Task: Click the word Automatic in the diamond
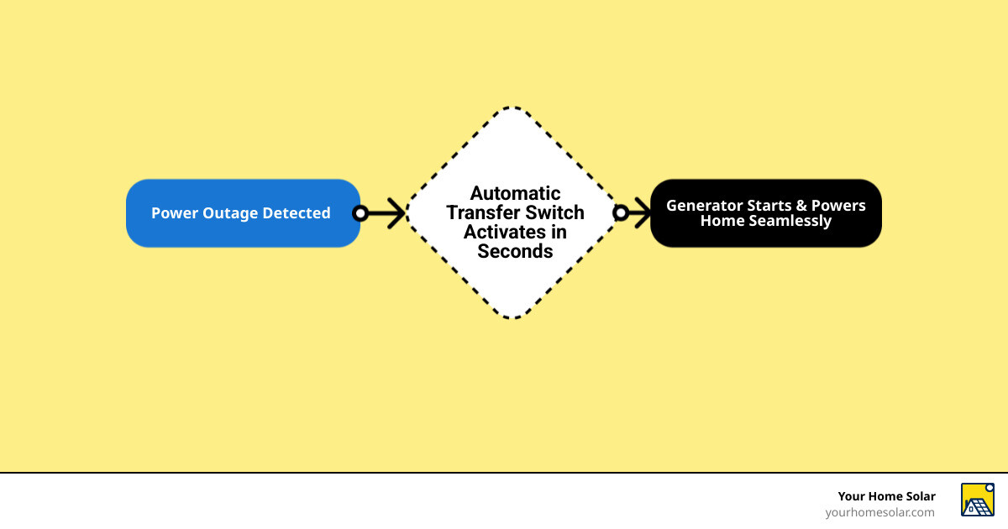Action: pos(515,194)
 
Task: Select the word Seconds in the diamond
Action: pos(515,251)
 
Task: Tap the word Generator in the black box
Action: pos(704,206)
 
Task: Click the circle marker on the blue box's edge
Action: pos(360,213)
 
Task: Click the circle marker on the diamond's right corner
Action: pos(621,213)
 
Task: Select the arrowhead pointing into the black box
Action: pos(643,213)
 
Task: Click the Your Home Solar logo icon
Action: pos(977,500)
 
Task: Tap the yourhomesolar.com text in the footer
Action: pos(879,512)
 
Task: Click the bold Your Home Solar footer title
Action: pos(886,496)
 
